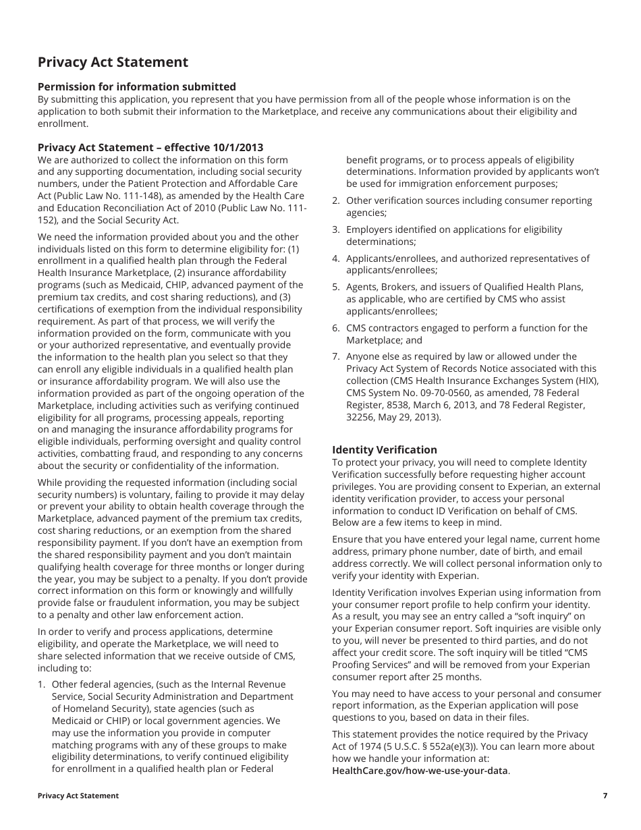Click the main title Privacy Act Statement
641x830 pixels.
point(113,62)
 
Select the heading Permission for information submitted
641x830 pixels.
point(137,86)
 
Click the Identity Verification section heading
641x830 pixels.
point(385,449)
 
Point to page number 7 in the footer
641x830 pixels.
point(605,796)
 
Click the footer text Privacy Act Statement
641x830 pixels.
point(78,796)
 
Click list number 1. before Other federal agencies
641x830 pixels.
point(42,684)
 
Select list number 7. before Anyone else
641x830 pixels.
point(335,356)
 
